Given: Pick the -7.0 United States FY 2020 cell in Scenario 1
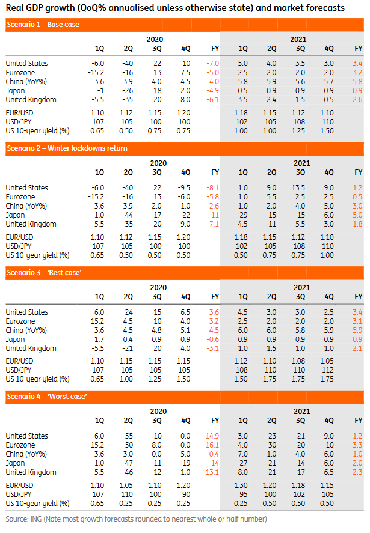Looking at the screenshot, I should [x=212, y=63].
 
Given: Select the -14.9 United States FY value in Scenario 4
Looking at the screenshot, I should [x=211, y=436].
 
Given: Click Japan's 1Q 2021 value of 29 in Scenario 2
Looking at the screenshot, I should [x=243, y=215].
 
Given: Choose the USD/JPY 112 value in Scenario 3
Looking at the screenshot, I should [x=328, y=370].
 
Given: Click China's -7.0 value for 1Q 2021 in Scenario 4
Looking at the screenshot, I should [x=242, y=454].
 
